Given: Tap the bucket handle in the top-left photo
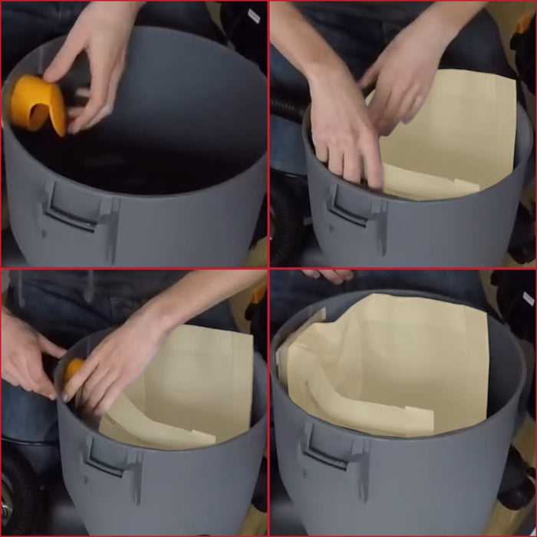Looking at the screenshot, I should pyautogui.click(x=73, y=209).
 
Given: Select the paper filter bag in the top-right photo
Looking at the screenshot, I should pyautogui.click(x=453, y=138).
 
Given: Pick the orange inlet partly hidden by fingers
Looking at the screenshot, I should pyautogui.click(x=72, y=370).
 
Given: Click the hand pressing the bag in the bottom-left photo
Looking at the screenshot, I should pyautogui.click(x=115, y=361).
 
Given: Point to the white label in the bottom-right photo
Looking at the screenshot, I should pyautogui.click(x=528, y=298).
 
